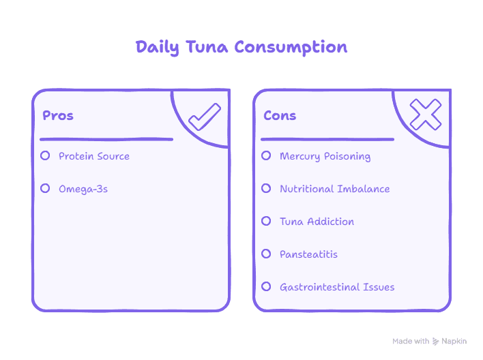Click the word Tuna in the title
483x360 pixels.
pyautogui.click(x=207, y=47)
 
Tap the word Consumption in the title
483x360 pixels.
pyautogui.click(x=291, y=48)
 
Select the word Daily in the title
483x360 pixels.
pyautogui.click(x=157, y=48)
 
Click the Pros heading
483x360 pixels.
pyautogui.click(x=58, y=115)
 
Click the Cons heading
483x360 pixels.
pyautogui.click(x=280, y=115)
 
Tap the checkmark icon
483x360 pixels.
pyautogui.click(x=205, y=117)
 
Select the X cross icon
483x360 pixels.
pyautogui.click(x=426, y=115)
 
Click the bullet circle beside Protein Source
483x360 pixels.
pyautogui.click(x=45, y=155)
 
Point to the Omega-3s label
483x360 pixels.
pyautogui.click(x=83, y=189)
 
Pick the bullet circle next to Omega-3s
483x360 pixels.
pyautogui.click(x=45, y=188)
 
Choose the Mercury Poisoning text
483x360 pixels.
pyautogui.click(x=325, y=156)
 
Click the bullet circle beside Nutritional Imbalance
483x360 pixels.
pyautogui.click(x=266, y=188)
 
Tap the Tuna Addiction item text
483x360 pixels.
pyautogui.click(x=317, y=222)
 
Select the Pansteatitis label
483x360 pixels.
pyautogui.click(x=308, y=254)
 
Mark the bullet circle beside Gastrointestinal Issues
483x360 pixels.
pyautogui.click(x=266, y=286)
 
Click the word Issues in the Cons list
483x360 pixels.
pyautogui.click(x=379, y=287)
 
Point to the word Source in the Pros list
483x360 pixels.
pyautogui.click(x=113, y=156)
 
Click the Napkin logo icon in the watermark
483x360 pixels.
pyautogui.click(x=435, y=341)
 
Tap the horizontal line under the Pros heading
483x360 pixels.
pyautogui.click(x=106, y=140)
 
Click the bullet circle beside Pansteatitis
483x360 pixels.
pyautogui.click(x=266, y=254)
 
